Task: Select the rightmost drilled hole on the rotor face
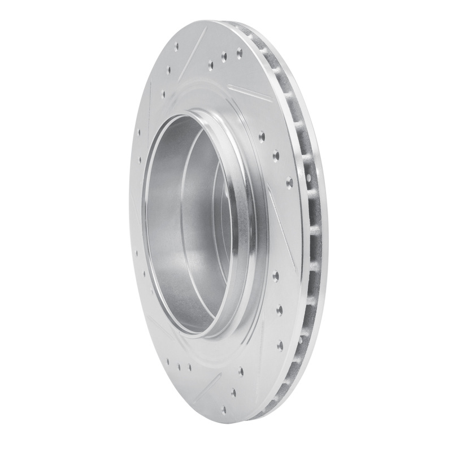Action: click(x=289, y=182)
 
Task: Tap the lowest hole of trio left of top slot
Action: click(x=163, y=93)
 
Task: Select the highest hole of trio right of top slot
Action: click(x=239, y=52)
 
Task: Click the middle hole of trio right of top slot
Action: click(x=224, y=56)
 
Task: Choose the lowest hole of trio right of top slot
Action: click(x=211, y=64)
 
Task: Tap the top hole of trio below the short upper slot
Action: click(x=262, y=136)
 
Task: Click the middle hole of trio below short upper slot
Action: click(x=276, y=154)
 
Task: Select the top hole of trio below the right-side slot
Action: click(x=276, y=276)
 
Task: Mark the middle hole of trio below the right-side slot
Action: click(x=280, y=309)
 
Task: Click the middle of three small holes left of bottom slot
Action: click(x=179, y=367)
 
